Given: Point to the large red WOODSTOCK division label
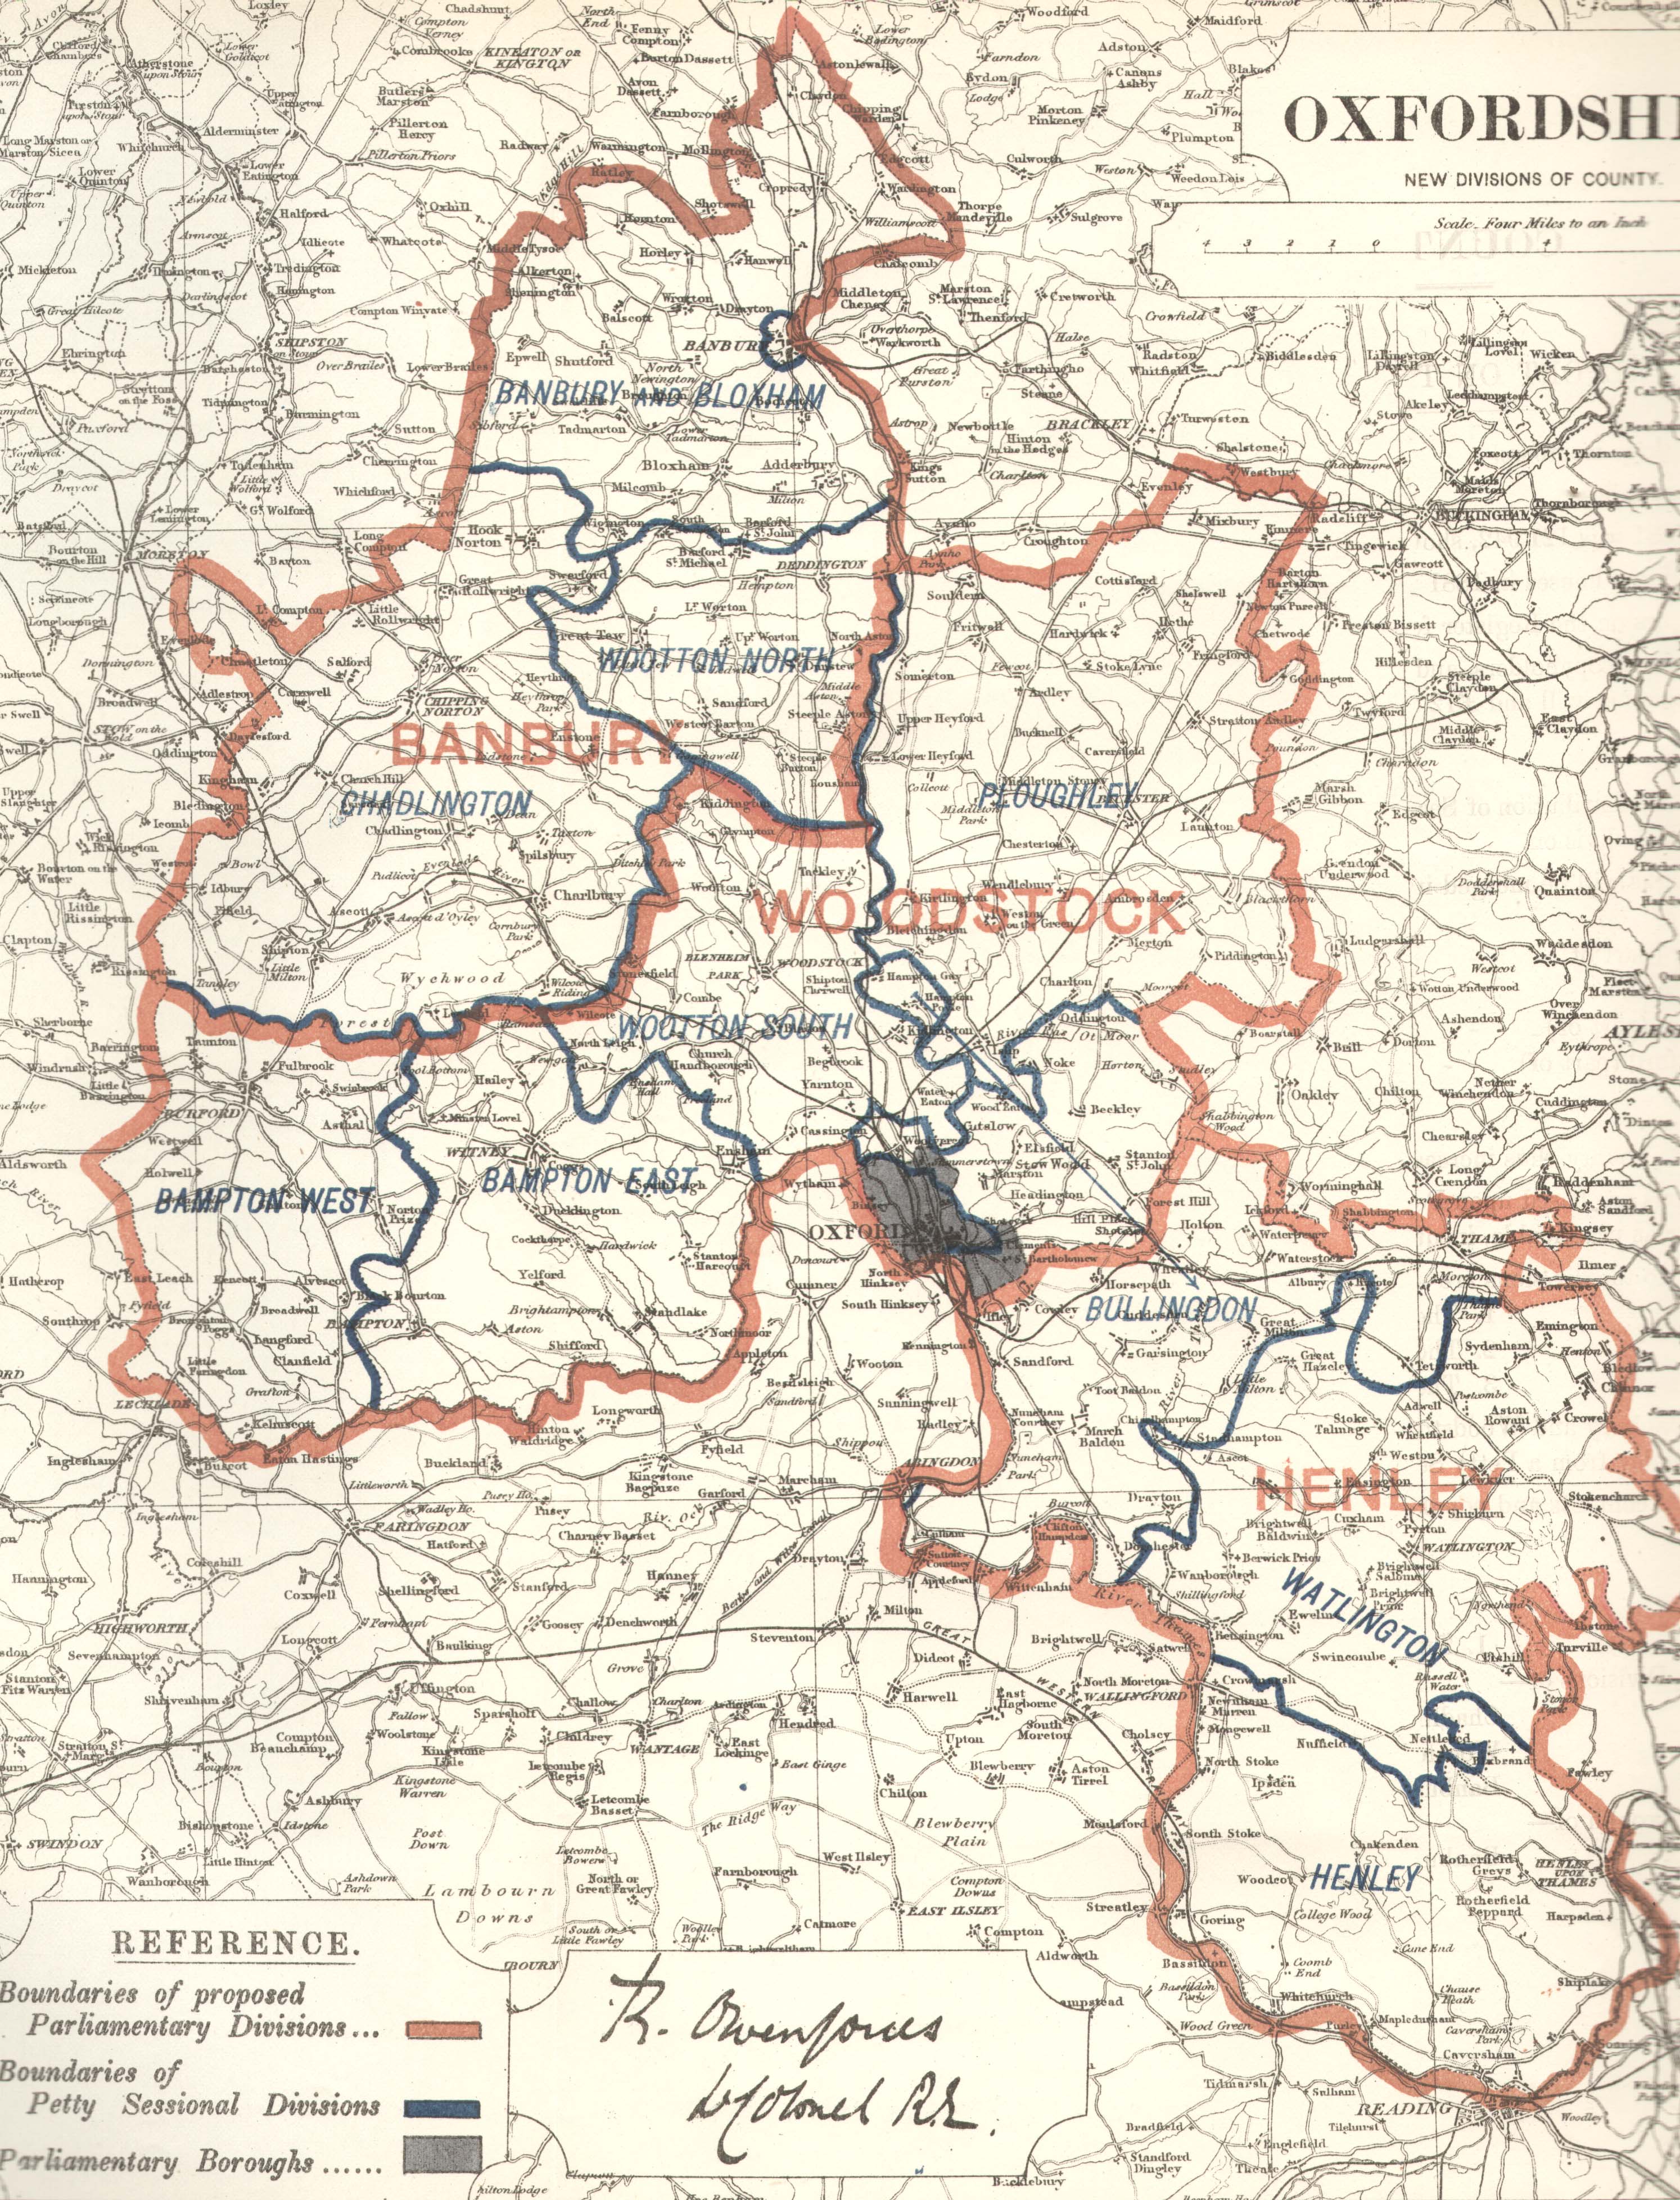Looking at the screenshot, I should point(970,912).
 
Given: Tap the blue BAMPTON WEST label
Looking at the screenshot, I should point(264,1201).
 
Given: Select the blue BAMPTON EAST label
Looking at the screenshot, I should point(589,1181).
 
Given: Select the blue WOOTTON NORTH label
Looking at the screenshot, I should point(714,660).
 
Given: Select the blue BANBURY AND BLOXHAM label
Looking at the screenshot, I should point(660,396).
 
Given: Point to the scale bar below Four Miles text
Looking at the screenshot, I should point(1375,243).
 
